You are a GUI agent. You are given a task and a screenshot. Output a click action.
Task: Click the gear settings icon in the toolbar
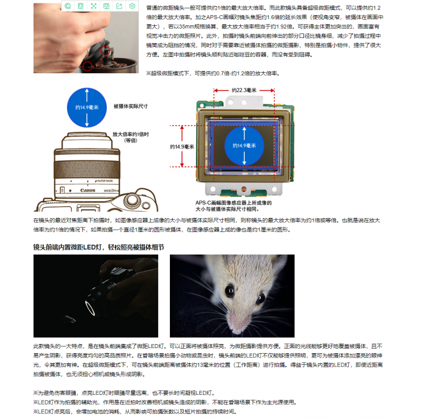132,6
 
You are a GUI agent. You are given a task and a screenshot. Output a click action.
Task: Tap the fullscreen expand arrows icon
93,6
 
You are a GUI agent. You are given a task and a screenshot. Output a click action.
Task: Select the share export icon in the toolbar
119,6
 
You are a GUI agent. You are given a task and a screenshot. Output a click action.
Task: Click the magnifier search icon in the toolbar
68,6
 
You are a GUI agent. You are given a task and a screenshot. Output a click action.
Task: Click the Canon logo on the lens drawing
88,190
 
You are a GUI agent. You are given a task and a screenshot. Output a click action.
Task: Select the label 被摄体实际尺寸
131,106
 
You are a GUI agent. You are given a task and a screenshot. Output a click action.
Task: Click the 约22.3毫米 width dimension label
244,90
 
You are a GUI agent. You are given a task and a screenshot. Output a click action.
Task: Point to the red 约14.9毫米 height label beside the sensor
182,146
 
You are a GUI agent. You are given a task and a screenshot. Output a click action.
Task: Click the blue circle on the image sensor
244,146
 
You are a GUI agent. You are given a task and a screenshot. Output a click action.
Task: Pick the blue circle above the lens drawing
87,108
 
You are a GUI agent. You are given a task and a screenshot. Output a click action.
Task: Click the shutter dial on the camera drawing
132,200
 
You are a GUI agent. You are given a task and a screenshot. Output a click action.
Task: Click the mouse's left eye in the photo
230,291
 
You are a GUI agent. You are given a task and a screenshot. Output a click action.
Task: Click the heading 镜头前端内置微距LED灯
69,247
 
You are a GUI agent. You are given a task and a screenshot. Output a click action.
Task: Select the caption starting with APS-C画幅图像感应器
234,206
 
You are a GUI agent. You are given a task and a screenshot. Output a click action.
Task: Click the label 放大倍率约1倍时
131,134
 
